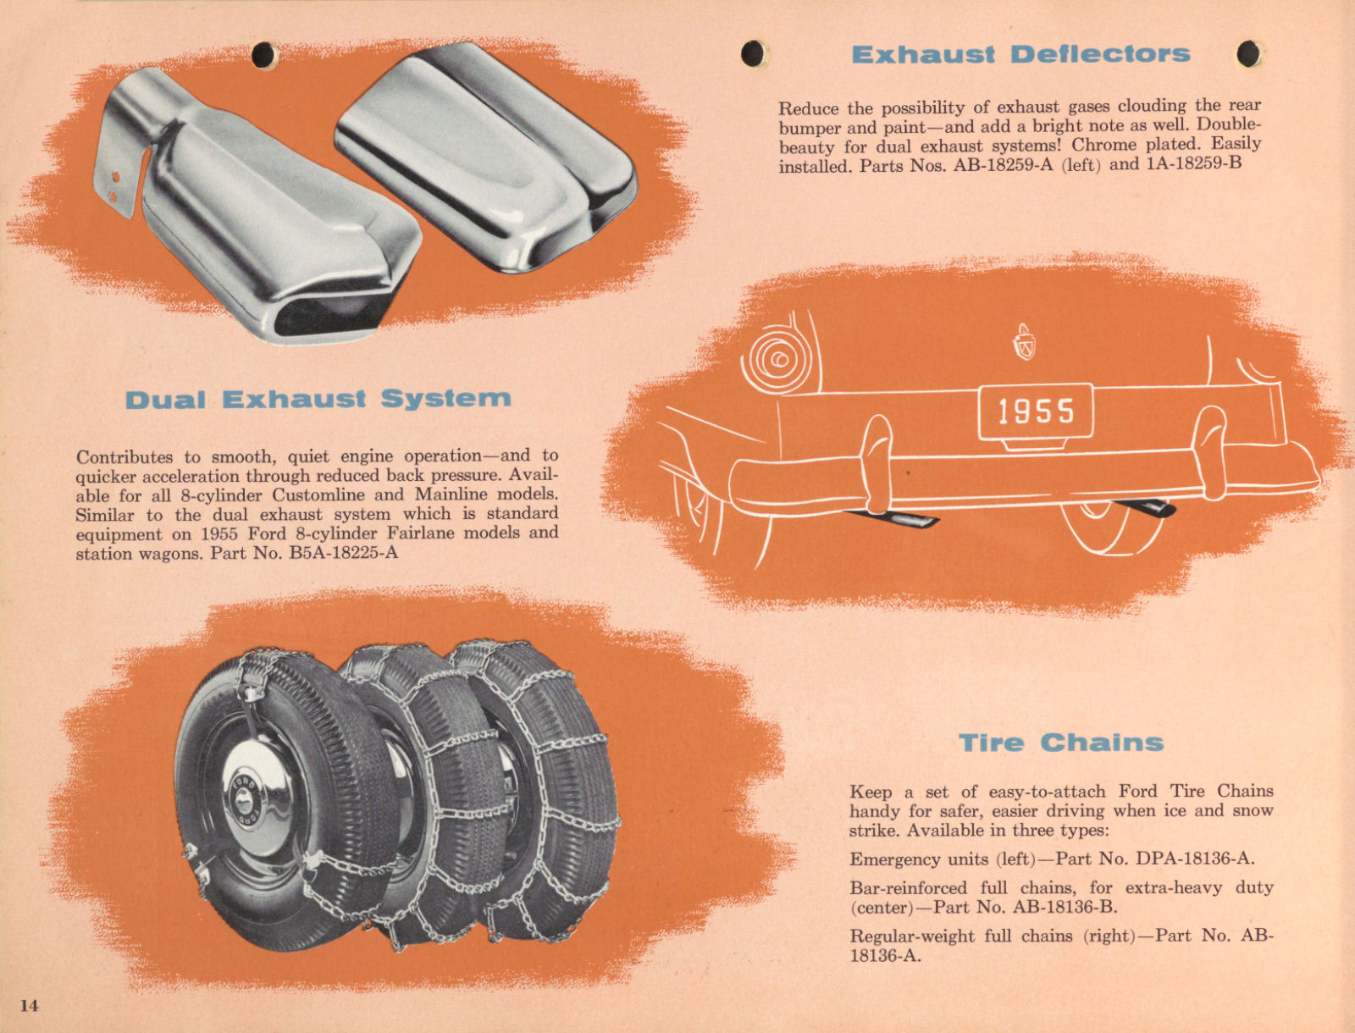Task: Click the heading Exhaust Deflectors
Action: (x=1020, y=54)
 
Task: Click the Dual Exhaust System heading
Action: (x=318, y=399)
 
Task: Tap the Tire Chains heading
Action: (x=1061, y=743)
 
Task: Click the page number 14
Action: (x=30, y=1005)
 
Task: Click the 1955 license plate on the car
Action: (x=1036, y=412)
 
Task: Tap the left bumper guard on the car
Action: (x=877, y=462)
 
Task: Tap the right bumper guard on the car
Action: (x=1208, y=450)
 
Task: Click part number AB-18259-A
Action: (x=1004, y=164)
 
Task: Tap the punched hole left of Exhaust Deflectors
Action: (x=752, y=54)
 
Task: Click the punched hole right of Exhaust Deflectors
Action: (x=1247, y=54)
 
